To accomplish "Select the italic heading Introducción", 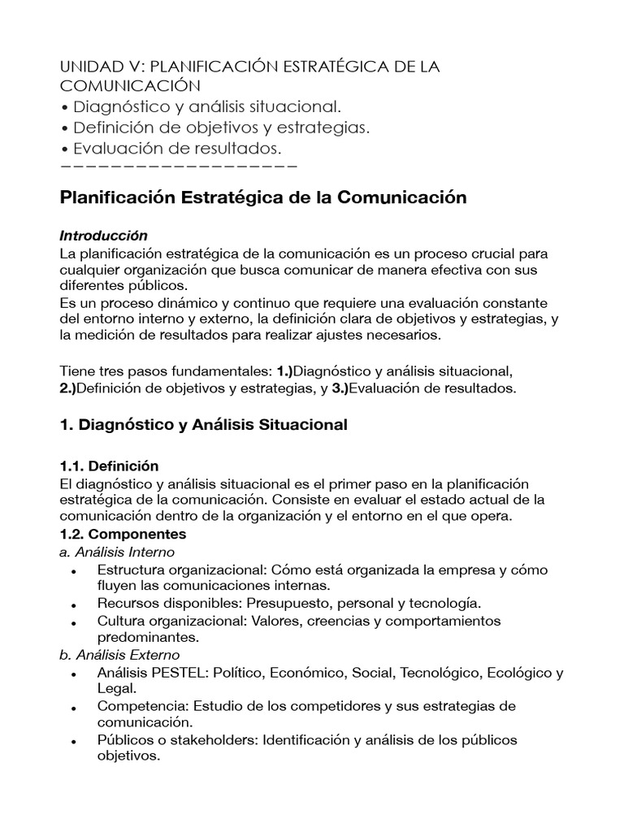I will coord(104,236).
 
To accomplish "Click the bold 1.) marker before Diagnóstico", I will coord(284,371).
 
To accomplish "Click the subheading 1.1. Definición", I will coord(110,466).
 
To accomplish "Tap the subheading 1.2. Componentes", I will coord(123,534).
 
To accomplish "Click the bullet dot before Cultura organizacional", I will coord(75,623).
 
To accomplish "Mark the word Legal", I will coord(115,688).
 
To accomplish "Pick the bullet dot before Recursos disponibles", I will coord(75,605).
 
